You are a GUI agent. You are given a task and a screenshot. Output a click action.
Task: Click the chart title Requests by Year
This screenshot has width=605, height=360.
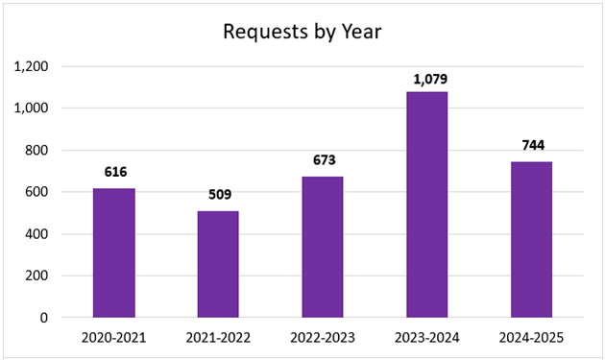pyautogui.click(x=302, y=32)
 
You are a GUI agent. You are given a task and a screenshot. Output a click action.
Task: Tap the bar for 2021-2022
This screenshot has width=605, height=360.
pyautogui.click(x=218, y=264)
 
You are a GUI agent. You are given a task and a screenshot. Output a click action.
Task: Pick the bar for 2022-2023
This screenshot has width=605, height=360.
pyautogui.click(x=322, y=247)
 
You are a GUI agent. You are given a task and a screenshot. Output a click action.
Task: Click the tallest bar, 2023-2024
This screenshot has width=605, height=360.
pyautogui.click(x=426, y=204)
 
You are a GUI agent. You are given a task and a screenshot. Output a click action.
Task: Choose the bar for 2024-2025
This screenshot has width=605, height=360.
pyautogui.click(x=531, y=239)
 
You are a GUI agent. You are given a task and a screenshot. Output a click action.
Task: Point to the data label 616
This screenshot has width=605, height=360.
pyautogui.click(x=113, y=172)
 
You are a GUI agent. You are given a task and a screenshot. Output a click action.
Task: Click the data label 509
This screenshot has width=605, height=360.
pyautogui.click(x=218, y=194)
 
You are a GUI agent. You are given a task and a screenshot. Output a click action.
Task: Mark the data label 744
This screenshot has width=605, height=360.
pyautogui.click(x=531, y=145)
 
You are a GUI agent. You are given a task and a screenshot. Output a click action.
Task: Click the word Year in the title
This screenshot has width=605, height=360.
pyautogui.click(x=361, y=32)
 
